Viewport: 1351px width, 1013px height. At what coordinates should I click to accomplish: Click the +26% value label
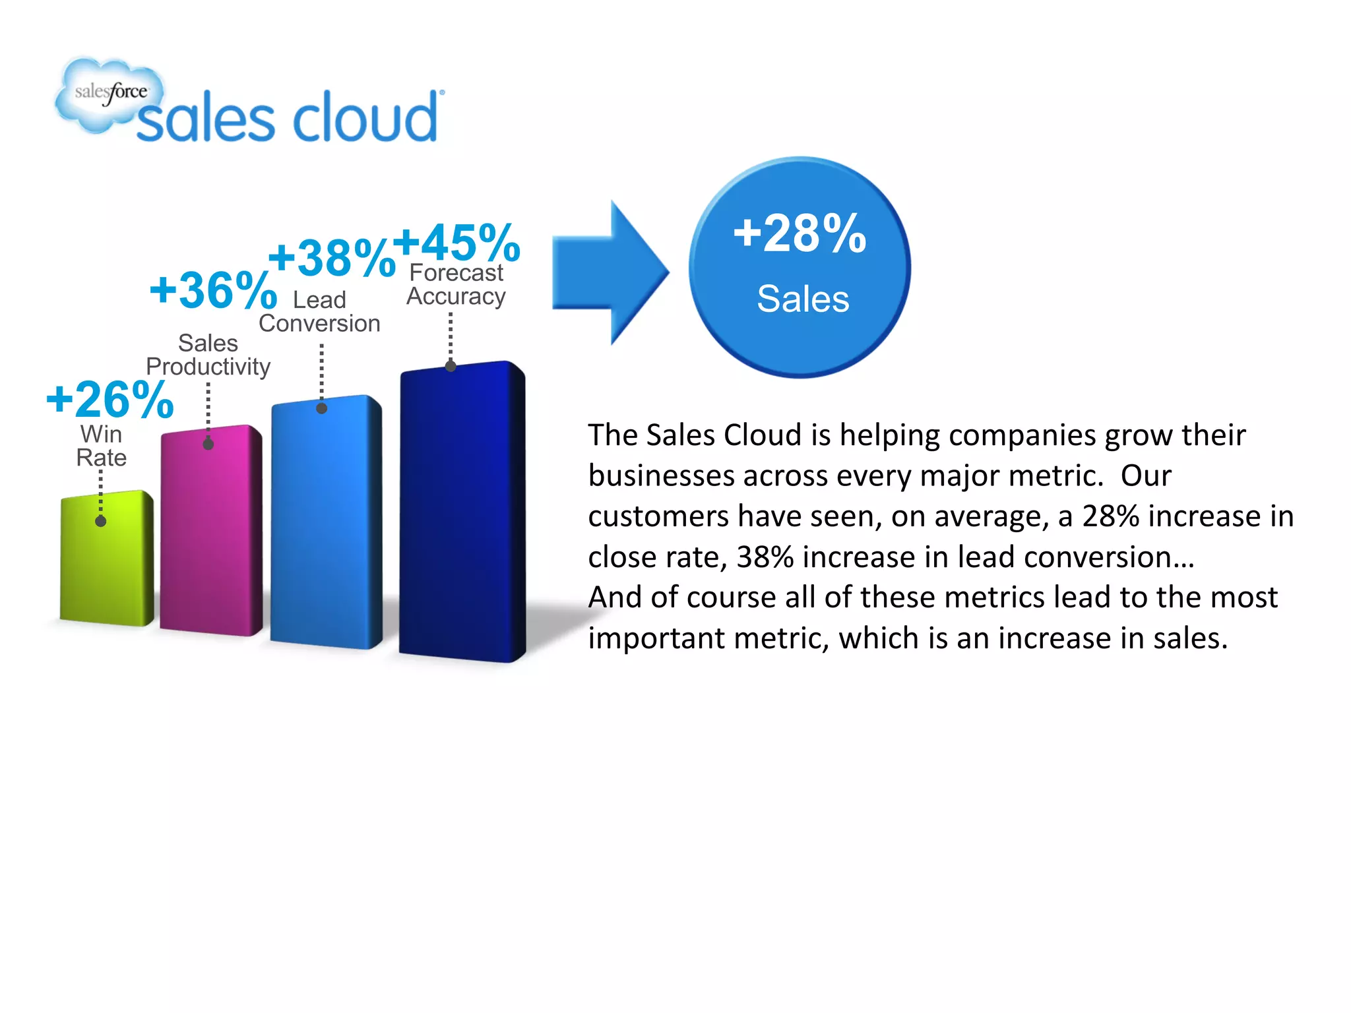(110, 400)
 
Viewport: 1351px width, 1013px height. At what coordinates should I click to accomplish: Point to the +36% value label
(213, 290)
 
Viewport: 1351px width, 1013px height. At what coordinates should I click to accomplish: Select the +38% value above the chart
(331, 258)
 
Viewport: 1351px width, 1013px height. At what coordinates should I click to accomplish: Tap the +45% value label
(456, 243)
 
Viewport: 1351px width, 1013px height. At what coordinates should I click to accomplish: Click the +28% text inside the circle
(800, 233)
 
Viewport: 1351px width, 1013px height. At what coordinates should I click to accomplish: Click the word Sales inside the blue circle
(802, 299)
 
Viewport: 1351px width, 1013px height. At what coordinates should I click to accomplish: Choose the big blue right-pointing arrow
(610, 272)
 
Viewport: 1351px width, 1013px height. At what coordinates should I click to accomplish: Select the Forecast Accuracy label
(456, 285)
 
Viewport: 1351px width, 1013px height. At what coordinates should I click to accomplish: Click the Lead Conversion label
(319, 312)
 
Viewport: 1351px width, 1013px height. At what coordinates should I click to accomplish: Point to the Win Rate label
(101, 446)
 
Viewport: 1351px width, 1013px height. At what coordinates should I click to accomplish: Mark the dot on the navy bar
(451, 366)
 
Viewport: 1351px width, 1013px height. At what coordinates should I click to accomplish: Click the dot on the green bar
(101, 521)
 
